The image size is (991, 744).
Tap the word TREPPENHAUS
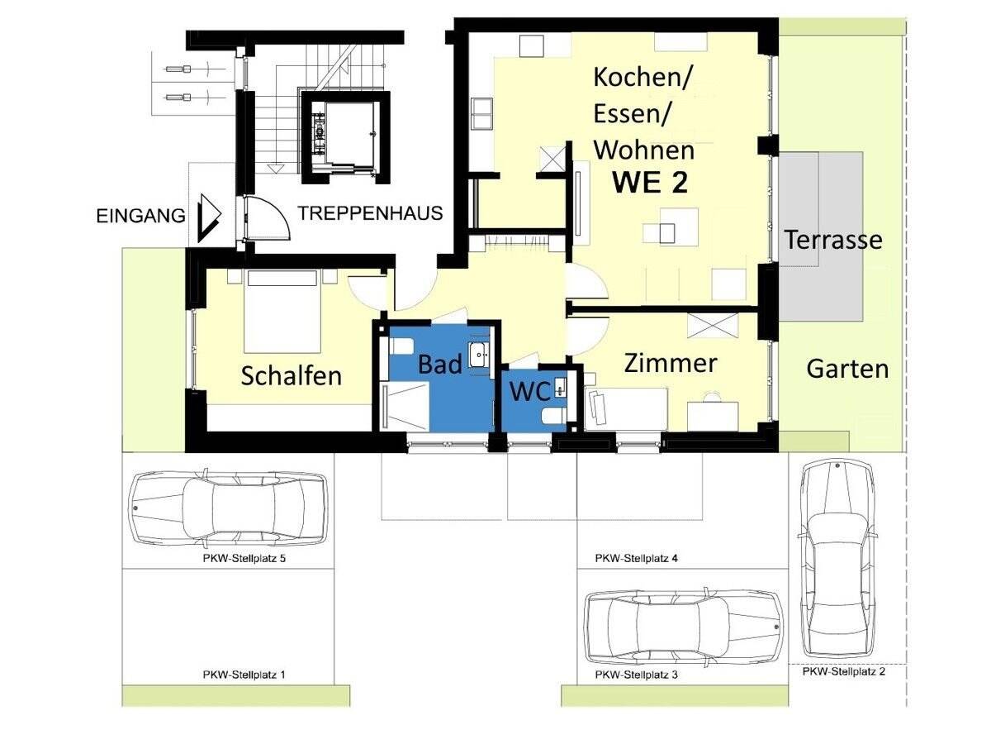tap(370, 213)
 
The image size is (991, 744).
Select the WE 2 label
tap(649, 183)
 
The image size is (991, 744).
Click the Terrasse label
tap(832, 240)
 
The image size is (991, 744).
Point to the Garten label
tap(847, 369)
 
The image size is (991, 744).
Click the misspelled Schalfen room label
tap(291, 376)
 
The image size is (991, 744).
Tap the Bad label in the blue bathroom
tap(439, 365)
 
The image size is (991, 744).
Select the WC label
tap(529, 392)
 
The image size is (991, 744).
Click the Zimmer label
tap(670, 363)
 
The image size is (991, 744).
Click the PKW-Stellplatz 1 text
tap(244, 675)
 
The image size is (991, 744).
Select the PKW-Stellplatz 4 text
tap(636, 559)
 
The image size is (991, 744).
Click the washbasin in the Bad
tap(479, 355)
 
